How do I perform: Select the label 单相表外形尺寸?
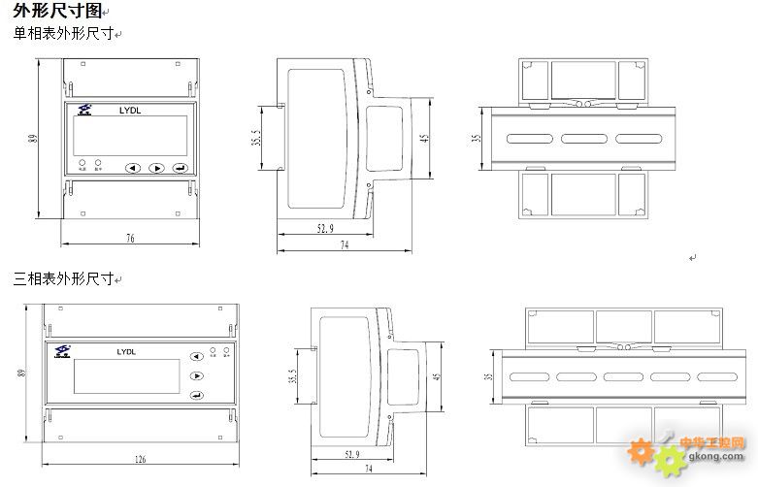(x=63, y=34)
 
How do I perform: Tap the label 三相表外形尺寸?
(x=63, y=279)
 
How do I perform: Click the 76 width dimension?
(x=130, y=238)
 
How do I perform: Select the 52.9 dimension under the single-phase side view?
(x=325, y=229)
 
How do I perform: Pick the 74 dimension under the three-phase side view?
(x=369, y=468)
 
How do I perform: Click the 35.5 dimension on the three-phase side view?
(x=293, y=376)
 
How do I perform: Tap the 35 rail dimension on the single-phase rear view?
(x=476, y=138)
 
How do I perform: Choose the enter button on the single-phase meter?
(x=180, y=168)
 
